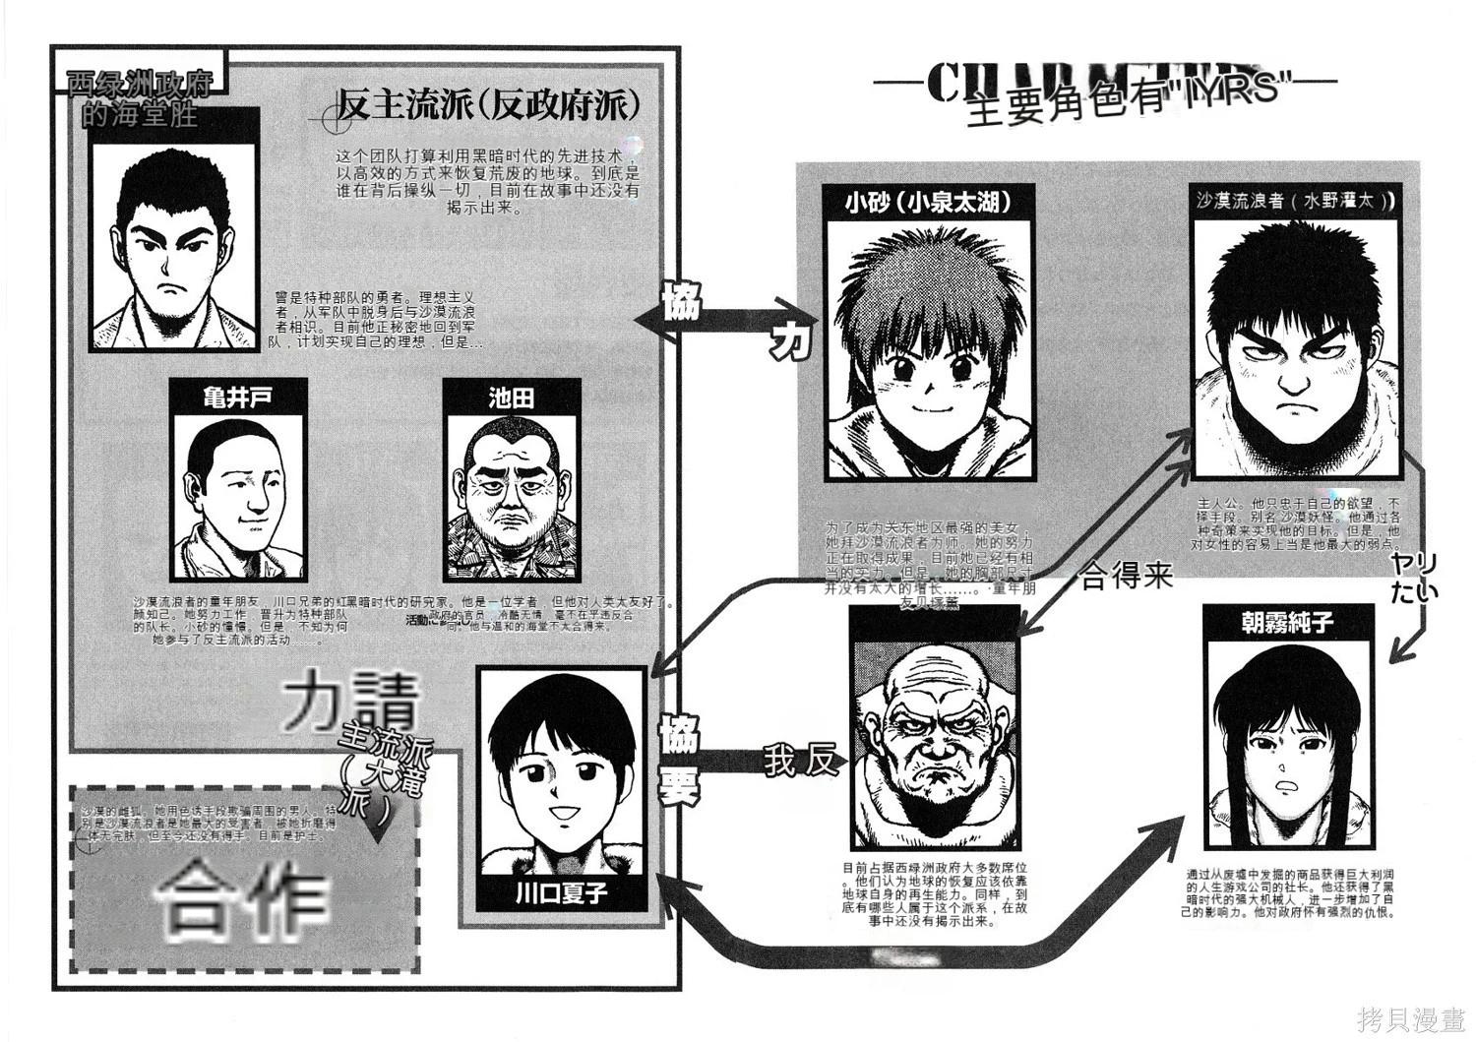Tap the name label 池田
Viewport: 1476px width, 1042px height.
point(511,397)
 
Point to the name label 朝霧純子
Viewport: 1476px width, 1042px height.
point(1286,622)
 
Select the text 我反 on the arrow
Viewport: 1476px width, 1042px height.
point(800,761)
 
